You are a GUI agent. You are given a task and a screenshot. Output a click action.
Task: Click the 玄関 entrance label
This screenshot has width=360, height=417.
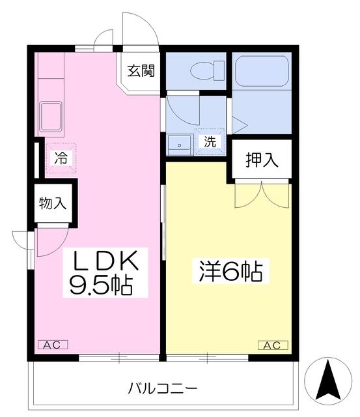pyautogui.click(x=141, y=71)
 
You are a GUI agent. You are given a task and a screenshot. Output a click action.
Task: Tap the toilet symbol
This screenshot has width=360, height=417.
pyautogui.click(x=208, y=70)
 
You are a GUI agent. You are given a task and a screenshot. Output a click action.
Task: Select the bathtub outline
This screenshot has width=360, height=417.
pyautogui.click(x=262, y=71)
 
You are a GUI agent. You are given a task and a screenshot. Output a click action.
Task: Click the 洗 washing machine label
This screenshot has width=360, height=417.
pyautogui.click(x=210, y=141)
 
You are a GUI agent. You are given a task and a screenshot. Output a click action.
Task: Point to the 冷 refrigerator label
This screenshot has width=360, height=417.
pyautogui.click(x=61, y=158)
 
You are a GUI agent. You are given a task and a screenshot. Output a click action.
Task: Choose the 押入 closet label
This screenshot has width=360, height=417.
pyautogui.click(x=262, y=160)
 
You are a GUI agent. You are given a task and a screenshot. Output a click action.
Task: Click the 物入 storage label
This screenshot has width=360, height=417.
pyautogui.click(x=53, y=203)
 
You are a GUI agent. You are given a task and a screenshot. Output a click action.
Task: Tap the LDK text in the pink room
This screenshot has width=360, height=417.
pyautogui.click(x=105, y=261)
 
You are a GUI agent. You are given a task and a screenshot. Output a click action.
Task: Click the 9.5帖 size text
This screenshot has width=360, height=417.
pyautogui.click(x=101, y=285)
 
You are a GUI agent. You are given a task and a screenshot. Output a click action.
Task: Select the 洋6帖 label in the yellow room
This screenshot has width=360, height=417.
pyautogui.click(x=231, y=272)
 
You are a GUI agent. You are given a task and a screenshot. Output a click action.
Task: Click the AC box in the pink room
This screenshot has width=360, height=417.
pyautogui.click(x=53, y=345)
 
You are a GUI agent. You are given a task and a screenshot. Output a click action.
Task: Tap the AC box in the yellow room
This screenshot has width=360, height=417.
pyautogui.click(x=273, y=345)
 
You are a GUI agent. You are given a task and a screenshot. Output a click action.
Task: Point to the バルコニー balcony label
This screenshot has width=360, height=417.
pyautogui.click(x=163, y=389)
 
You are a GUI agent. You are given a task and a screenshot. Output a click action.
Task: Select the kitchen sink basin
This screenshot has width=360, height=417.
pyautogui.click(x=51, y=117)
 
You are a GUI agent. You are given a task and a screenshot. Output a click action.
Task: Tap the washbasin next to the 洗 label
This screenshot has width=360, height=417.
pyautogui.click(x=180, y=145)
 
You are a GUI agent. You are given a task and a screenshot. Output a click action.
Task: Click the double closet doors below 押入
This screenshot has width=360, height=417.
pyautogui.click(x=262, y=195)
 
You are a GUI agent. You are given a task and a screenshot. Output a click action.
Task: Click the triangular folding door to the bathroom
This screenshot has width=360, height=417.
pyautogui.click(x=240, y=125)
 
